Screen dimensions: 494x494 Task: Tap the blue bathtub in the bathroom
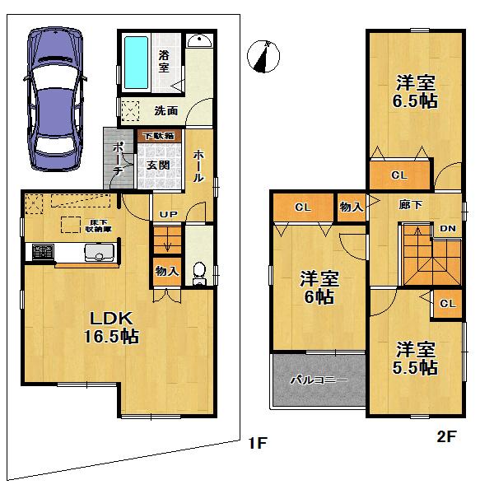135,64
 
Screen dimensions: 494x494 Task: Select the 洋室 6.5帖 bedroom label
415,92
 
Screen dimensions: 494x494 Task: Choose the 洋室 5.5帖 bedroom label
415,358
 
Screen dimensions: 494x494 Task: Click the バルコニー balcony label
319,381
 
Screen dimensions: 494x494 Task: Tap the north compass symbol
263,55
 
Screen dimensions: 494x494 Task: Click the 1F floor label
258,444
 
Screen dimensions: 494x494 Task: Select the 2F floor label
445,437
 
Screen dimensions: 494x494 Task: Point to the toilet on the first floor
198,272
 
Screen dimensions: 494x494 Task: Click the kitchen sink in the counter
98,254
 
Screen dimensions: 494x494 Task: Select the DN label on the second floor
450,228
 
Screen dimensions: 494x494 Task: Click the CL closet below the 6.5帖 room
399,175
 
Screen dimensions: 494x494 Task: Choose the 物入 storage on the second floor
351,207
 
